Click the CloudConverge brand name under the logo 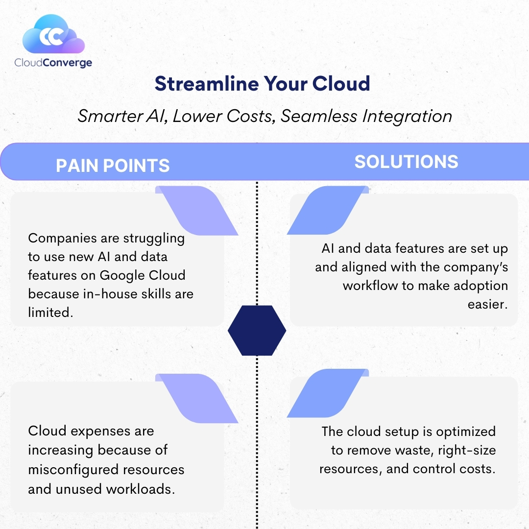[53, 62]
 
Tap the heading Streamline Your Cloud [263, 84]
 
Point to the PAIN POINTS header [113, 166]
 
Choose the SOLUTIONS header [406, 162]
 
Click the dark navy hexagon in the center [257, 331]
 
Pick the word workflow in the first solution [371, 286]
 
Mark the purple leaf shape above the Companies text [197, 211]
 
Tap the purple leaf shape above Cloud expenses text [197, 398]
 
